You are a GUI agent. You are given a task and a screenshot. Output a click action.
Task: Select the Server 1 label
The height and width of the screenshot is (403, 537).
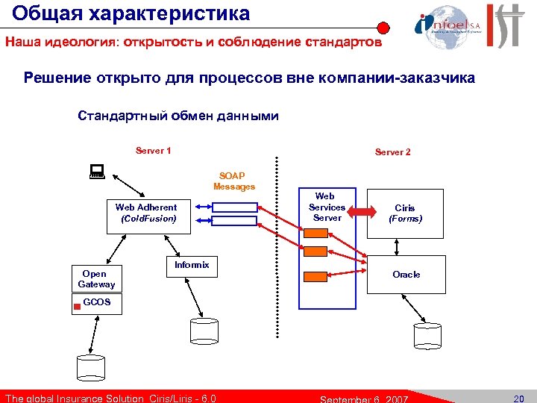[154, 151]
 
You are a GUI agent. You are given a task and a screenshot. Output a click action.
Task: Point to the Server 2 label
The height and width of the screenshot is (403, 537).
[392, 152]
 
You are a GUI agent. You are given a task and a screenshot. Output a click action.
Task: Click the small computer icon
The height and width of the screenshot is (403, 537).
[95, 172]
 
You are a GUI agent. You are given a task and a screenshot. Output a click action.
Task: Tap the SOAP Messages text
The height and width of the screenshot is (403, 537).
[234, 181]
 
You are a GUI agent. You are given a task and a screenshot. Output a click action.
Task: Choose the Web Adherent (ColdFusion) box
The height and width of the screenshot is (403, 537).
[148, 213]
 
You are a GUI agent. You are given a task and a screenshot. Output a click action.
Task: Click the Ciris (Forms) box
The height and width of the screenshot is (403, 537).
[405, 213]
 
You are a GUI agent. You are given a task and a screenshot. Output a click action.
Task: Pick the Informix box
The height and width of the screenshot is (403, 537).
[192, 266]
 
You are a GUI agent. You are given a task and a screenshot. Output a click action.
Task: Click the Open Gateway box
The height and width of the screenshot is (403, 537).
[97, 278]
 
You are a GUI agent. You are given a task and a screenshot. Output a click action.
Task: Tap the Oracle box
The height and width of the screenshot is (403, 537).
[406, 275]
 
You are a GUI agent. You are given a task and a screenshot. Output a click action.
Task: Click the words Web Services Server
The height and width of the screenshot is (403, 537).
[327, 207]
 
